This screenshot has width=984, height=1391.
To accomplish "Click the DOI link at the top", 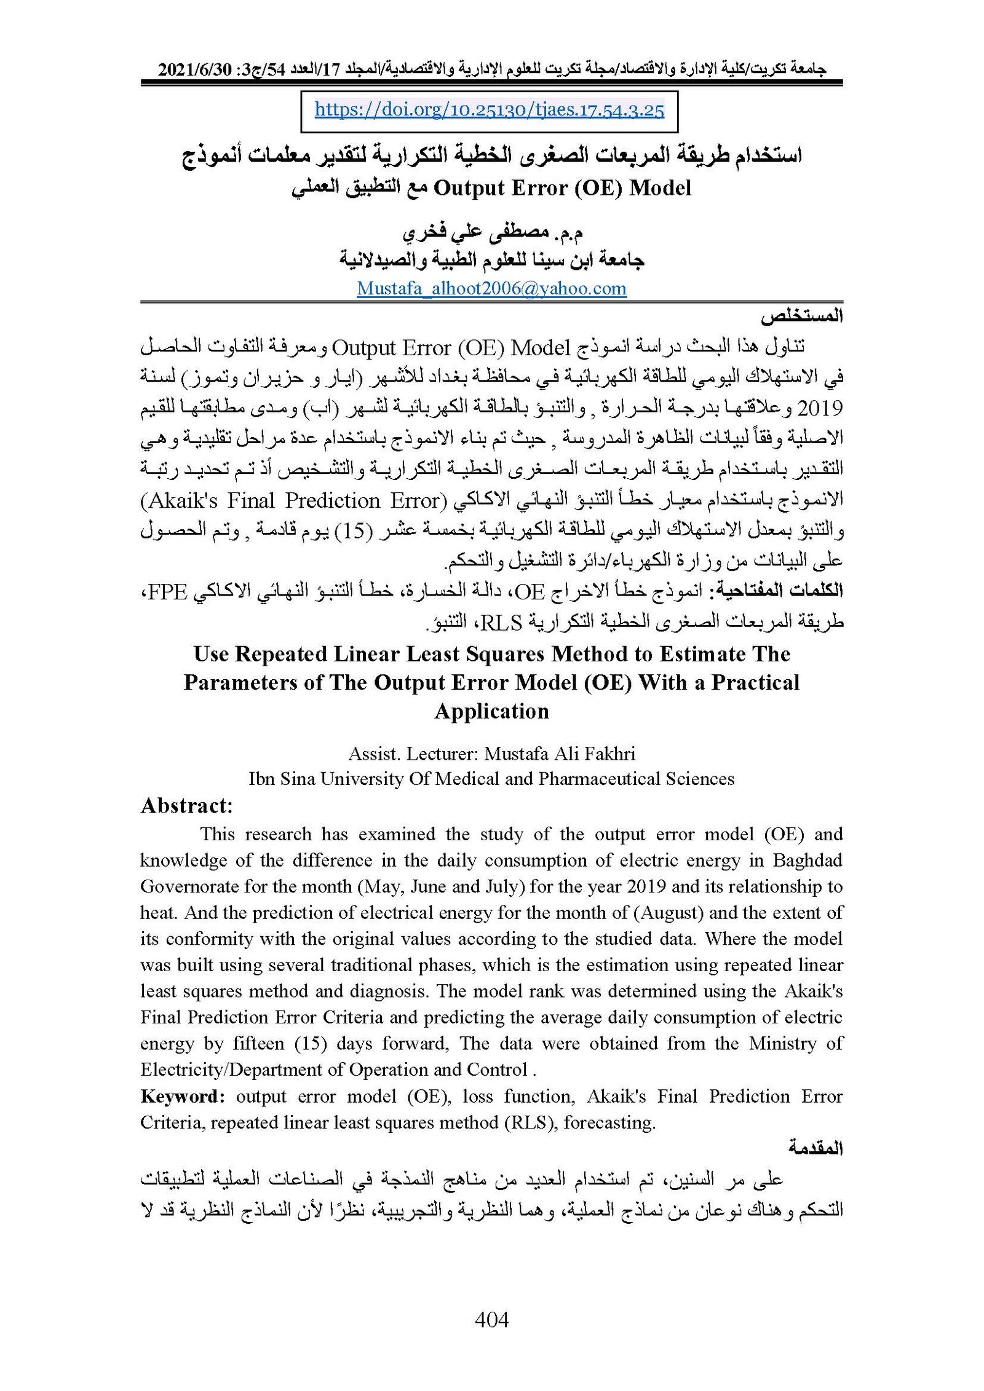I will (489, 110).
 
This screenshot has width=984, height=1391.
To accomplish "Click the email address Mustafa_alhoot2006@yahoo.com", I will (491, 288).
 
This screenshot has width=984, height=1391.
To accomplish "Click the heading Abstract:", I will (186, 806).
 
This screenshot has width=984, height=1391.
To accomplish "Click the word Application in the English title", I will (491, 711).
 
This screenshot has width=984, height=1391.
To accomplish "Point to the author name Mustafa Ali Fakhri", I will (560, 754).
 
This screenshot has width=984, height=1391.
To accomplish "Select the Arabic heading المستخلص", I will (801, 317).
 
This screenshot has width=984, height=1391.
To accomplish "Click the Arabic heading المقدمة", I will (815, 1148).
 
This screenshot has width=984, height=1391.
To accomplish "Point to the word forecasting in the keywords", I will (609, 1123).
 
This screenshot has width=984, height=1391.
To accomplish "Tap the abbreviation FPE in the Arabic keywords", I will (168, 591).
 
